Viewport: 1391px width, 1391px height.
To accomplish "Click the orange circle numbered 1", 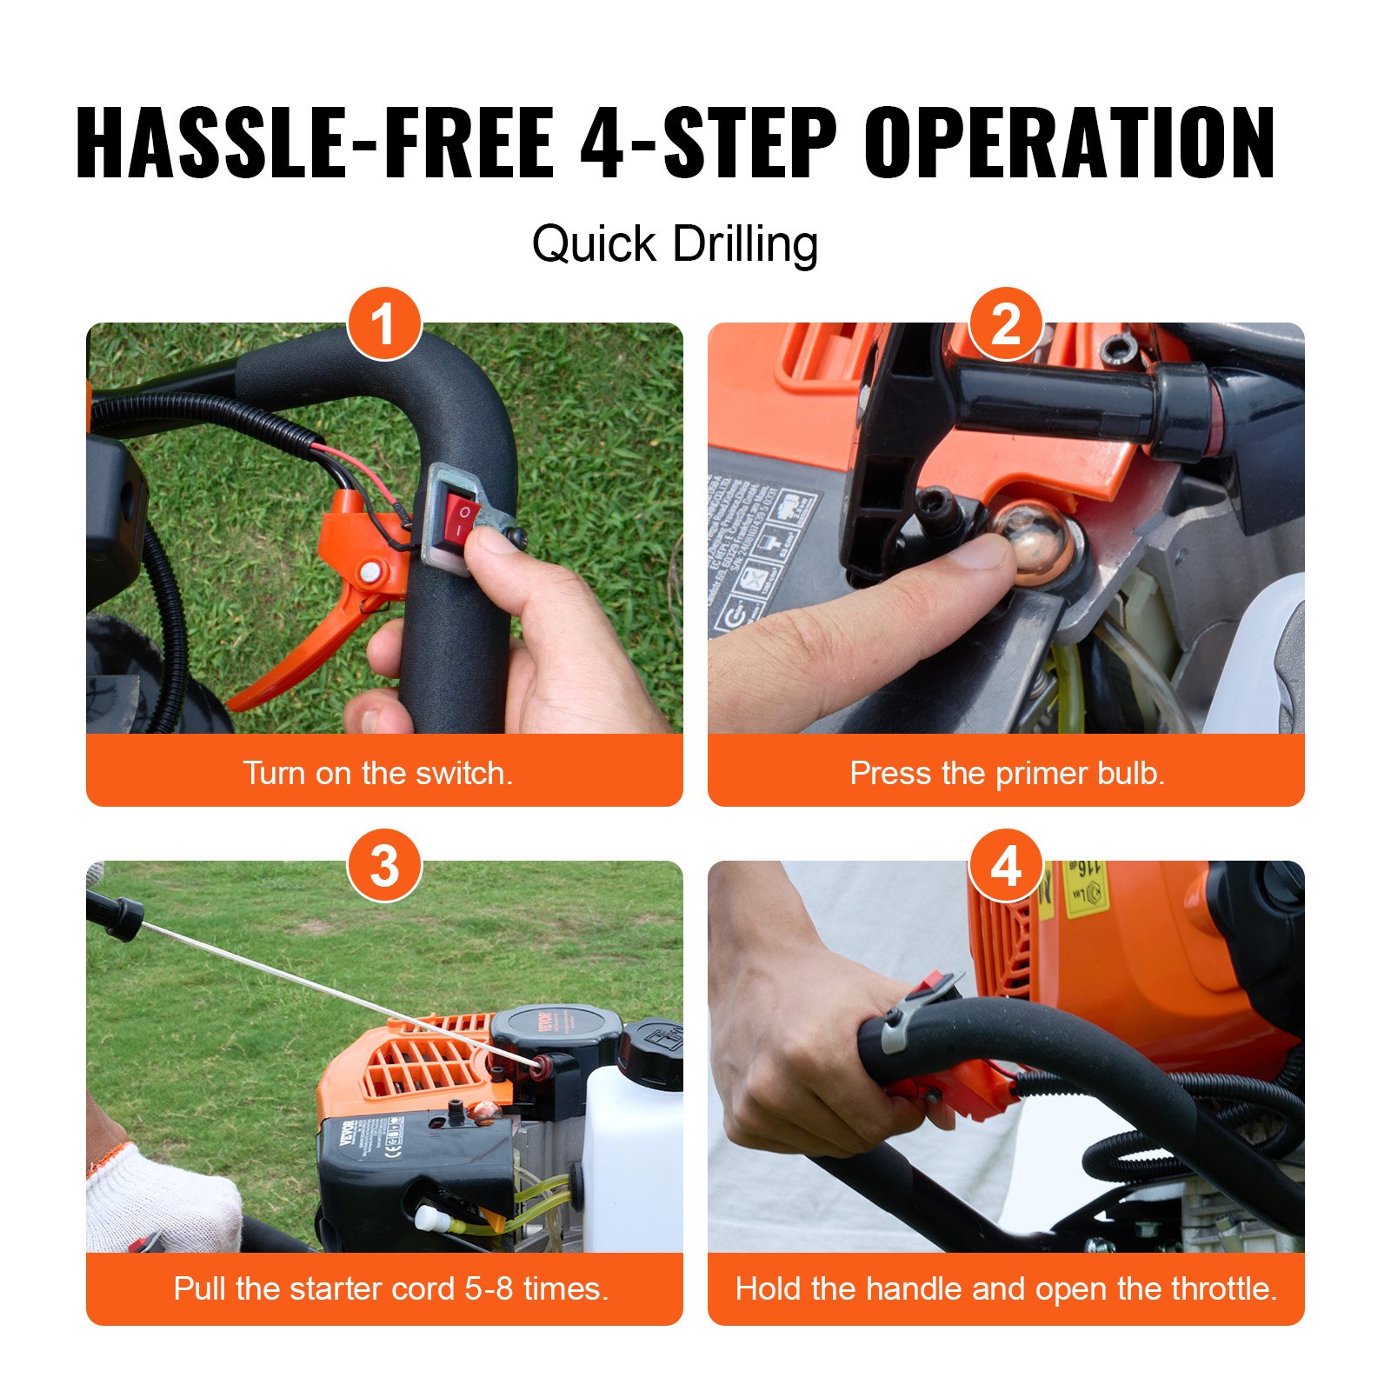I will (384, 324).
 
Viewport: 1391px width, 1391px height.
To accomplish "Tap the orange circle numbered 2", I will (1006, 324).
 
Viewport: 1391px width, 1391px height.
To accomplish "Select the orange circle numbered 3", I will (384, 866).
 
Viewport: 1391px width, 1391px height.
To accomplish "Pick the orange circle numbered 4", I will (1006, 866).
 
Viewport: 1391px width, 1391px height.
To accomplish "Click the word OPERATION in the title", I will (1069, 143).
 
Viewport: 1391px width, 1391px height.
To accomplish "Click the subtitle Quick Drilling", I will (675, 243).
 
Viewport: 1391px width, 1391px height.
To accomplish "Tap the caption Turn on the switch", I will (378, 773).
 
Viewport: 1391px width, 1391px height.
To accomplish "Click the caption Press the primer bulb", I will (1007, 773).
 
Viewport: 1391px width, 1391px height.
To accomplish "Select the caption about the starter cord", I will (390, 1288).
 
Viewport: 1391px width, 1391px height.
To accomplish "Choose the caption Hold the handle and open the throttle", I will (1006, 1288).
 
